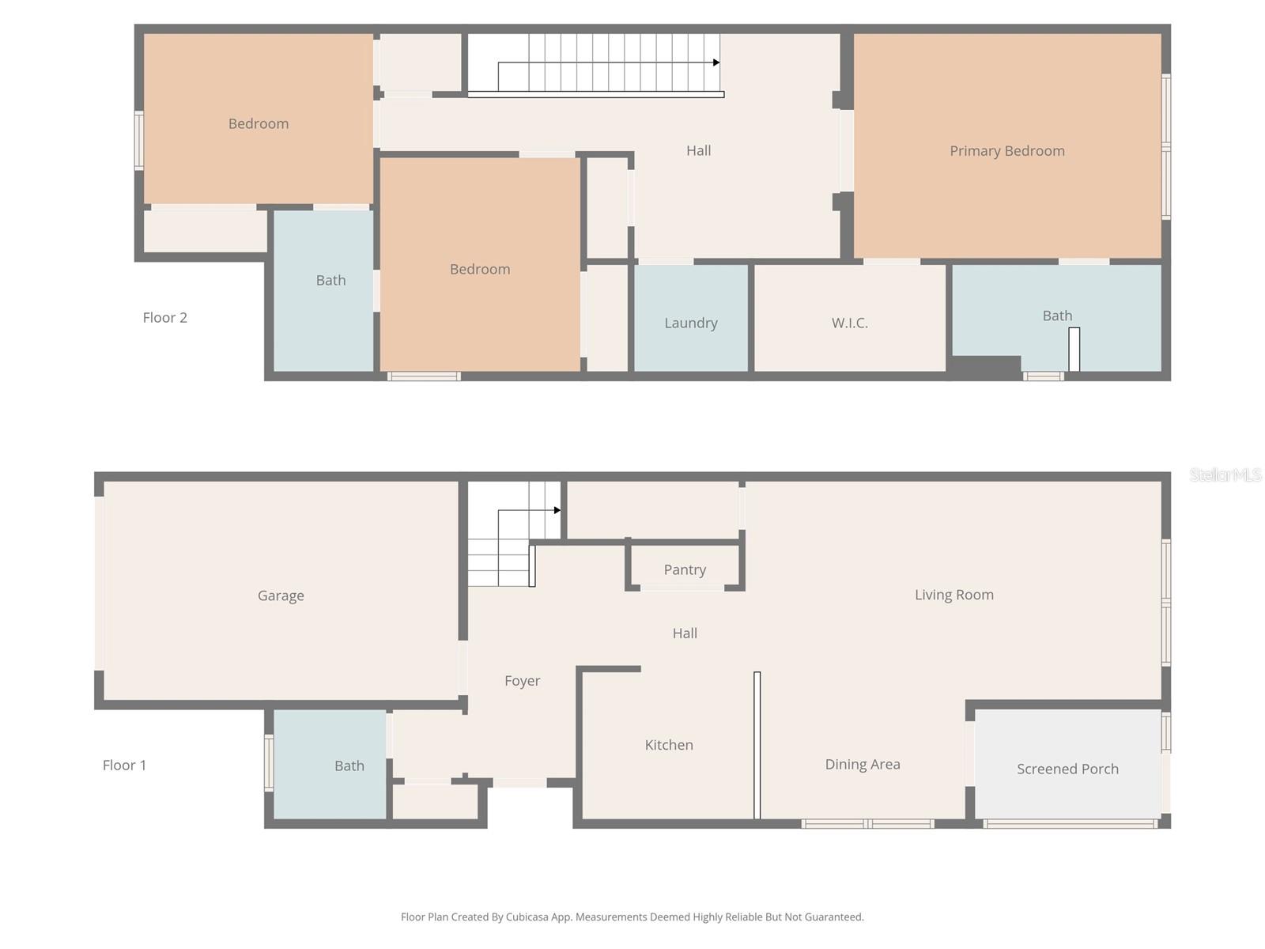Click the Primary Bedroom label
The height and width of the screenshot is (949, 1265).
(1006, 151)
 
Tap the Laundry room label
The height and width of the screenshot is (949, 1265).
(691, 323)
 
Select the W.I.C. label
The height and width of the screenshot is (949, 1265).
(850, 323)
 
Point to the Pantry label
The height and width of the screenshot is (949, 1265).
(685, 569)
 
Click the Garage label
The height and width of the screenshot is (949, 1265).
(281, 595)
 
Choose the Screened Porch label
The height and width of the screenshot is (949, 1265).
(1067, 769)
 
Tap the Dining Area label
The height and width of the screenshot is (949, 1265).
(863, 764)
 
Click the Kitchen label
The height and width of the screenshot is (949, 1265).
(669, 745)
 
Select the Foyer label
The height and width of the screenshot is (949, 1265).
(523, 681)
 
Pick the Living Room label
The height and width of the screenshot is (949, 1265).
(954, 595)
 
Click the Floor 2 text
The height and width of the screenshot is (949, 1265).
(165, 318)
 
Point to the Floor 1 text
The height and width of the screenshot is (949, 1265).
(124, 766)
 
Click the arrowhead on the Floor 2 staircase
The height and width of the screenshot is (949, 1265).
(716, 62)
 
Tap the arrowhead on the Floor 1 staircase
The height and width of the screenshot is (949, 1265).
(557, 510)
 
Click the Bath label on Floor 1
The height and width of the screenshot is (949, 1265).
(349, 766)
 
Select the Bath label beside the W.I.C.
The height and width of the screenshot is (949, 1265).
(1057, 316)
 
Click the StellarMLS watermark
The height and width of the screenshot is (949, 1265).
(1225, 475)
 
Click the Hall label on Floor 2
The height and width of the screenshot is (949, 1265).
(699, 150)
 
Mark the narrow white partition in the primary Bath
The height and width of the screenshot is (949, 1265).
(1074, 349)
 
